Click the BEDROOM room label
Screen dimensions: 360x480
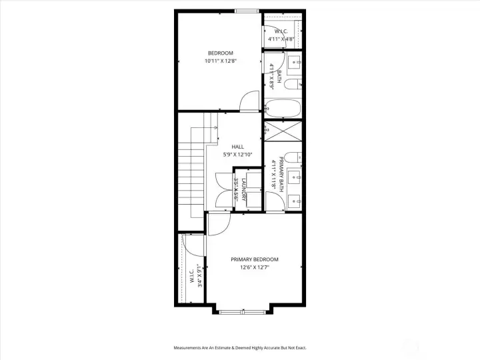(x=221, y=53)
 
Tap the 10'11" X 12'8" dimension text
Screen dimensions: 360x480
(x=221, y=61)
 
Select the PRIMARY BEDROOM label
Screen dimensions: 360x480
(x=254, y=259)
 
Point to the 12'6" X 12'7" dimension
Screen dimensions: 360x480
(x=254, y=268)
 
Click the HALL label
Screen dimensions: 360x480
(x=237, y=147)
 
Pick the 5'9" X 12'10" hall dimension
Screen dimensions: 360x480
(x=237, y=155)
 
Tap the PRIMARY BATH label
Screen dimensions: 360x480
(x=281, y=175)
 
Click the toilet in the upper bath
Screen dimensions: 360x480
(x=297, y=85)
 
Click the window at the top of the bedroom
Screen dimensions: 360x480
(x=247, y=11)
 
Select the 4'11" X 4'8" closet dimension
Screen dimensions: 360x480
(x=281, y=39)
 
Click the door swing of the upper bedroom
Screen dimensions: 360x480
(x=248, y=101)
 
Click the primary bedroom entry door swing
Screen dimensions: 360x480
(x=217, y=224)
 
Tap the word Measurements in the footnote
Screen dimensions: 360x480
(x=189, y=348)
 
